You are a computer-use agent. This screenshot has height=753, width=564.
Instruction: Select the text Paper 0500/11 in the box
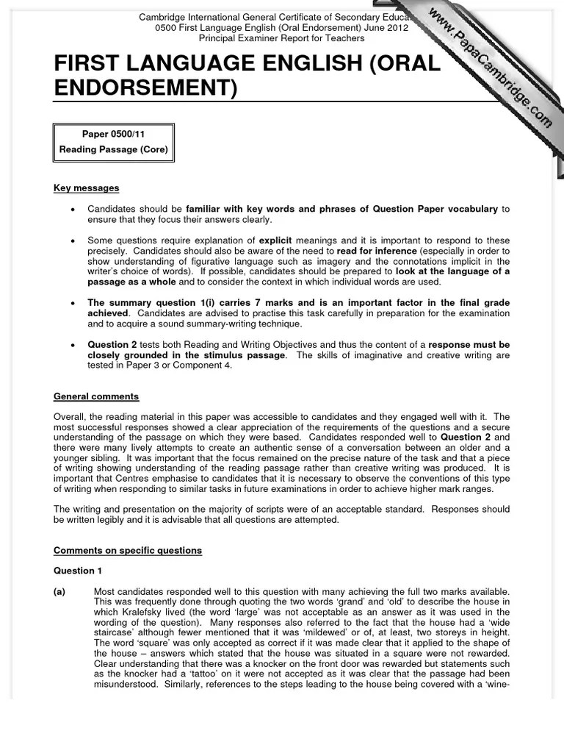click(114, 134)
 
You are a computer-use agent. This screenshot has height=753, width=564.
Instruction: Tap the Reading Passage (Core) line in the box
click(114, 150)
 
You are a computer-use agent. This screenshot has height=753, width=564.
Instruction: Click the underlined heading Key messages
click(86, 189)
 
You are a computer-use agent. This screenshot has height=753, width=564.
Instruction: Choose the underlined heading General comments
click(95, 397)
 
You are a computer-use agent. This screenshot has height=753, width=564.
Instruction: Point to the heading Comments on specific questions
click(127, 551)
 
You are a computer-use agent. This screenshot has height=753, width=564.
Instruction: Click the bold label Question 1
click(74, 571)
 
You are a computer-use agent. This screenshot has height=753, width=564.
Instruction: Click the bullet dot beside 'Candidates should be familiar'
click(73, 210)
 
